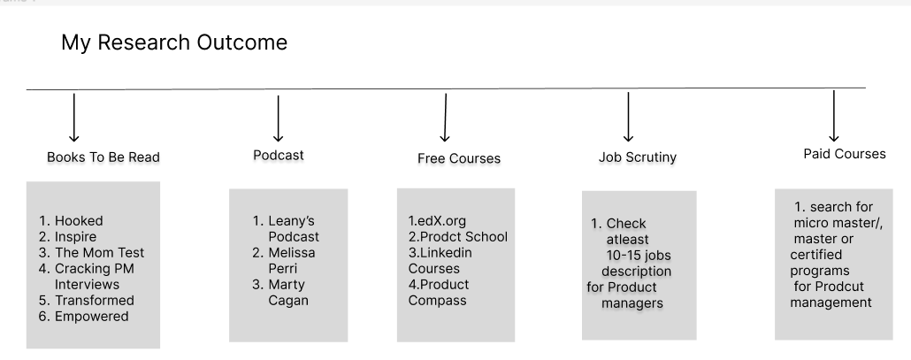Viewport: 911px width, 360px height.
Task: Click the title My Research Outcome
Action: tap(174, 42)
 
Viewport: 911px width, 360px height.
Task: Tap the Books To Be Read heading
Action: tap(103, 157)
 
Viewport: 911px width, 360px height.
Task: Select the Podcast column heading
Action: tap(278, 155)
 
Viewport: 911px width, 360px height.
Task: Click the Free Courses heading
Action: tap(459, 159)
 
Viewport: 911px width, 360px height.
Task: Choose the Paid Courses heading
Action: tap(843, 154)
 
